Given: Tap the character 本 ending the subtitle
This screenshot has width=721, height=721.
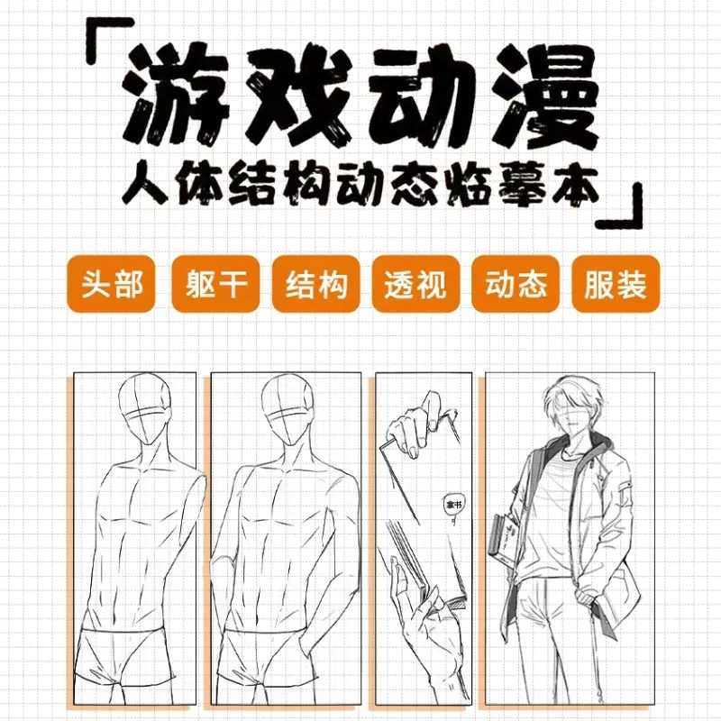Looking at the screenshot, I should click(x=575, y=184).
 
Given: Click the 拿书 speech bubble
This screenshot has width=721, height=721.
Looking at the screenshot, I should click(x=452, y=507).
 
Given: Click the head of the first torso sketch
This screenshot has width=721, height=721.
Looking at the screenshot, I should click(x=144, y=410).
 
